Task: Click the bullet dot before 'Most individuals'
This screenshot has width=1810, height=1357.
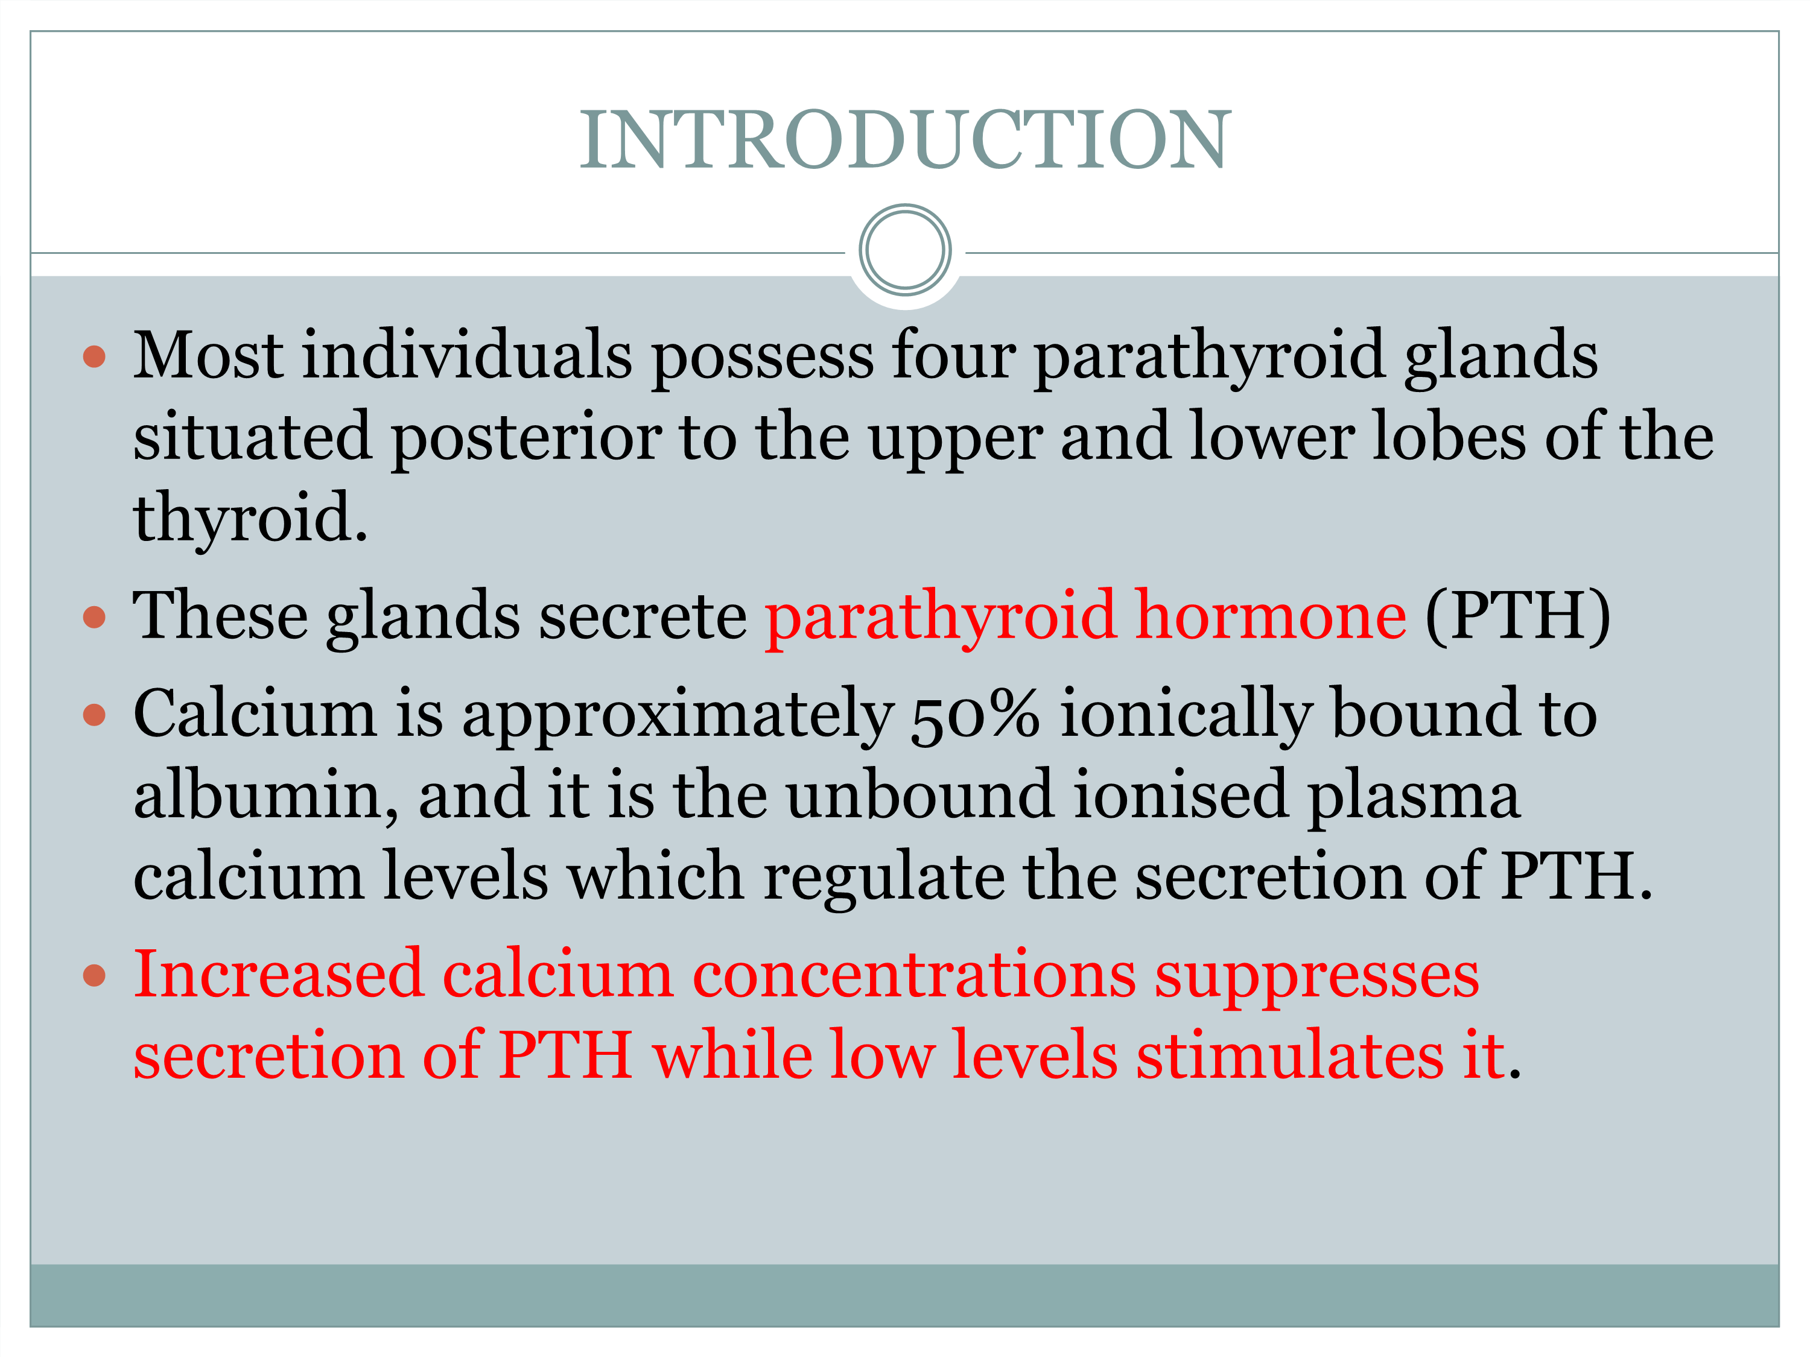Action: [95, 356]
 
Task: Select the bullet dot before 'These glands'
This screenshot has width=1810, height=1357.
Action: [95, 617]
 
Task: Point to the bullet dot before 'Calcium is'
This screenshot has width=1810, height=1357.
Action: [95, 715]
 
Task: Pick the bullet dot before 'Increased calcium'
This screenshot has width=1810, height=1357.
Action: [95, 975]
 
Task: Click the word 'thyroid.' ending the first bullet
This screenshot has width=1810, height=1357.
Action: [250, 519]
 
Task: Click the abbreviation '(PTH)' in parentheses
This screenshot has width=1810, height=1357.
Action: [1518, 617]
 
